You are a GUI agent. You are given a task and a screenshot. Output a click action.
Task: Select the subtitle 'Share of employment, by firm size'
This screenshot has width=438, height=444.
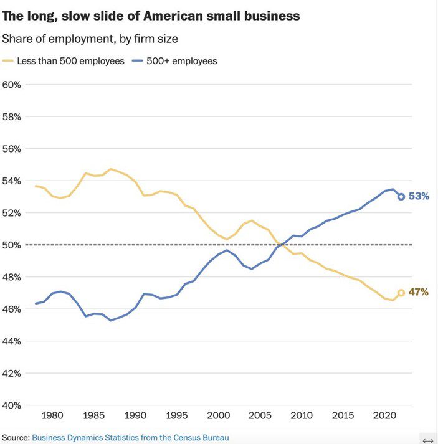point(90,39)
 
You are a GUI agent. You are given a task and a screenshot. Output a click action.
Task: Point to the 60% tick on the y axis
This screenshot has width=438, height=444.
point(12,84)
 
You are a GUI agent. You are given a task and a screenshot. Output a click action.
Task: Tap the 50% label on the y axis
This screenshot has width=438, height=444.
point(12,245)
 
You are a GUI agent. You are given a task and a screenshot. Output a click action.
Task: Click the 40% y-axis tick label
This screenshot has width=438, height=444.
point(12,405)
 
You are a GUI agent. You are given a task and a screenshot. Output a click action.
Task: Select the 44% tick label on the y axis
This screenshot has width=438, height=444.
point(12,341)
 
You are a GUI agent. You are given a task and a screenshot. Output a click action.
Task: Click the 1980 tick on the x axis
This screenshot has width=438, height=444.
point(52,415)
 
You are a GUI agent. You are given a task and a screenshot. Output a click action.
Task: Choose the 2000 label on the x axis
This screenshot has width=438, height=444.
point(218,415)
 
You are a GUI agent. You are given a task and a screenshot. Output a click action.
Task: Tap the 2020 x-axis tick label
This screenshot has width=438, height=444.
point(384,415)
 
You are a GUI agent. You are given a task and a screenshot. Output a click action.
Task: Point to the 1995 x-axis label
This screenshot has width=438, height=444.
point(177,415)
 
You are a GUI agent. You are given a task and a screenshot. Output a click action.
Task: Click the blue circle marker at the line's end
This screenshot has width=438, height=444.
point(401,196)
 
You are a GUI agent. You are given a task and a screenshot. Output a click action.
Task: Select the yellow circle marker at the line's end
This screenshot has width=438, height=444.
point(401,292)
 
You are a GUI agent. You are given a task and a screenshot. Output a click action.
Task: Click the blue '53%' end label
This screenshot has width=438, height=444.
point(419,196)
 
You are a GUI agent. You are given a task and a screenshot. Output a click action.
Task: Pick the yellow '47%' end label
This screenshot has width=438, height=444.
point(419,292)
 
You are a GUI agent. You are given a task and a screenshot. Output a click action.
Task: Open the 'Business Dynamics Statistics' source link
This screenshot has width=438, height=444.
point(130,438)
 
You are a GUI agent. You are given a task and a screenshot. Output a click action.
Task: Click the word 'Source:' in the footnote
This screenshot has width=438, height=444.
point(16,438)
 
